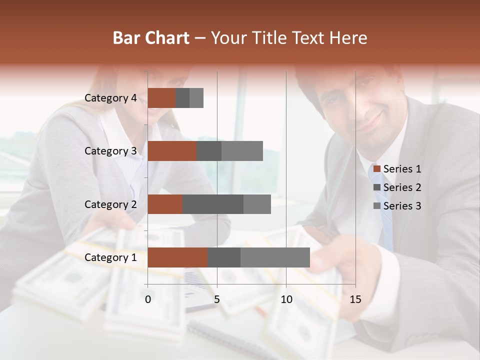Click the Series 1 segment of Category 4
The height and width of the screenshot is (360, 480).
click(x=161, y=98)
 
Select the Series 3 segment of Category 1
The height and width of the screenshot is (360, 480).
click(x=275, y=257)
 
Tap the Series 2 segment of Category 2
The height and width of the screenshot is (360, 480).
click(x=213, y=204)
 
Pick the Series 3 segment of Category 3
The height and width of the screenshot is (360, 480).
click(x=242, y=151)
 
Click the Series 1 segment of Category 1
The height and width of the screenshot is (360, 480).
click(x=177, y=257)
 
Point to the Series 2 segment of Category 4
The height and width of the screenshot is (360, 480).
click(x=182, y=98)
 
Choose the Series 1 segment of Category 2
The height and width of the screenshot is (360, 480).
click(x=165, y=204)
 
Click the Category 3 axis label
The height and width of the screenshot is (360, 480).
click(x=110, y=151)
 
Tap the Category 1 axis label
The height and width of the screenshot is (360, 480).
click(x=110, y=257)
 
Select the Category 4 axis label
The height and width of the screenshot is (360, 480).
click(x=110, y=98)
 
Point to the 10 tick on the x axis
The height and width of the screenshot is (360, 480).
click(x=286, y=299)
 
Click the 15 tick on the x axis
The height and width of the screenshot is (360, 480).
click(x=355, y=299)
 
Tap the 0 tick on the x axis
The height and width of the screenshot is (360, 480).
click(x=148, y=299)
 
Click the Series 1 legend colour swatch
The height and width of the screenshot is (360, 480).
click(x=377, y=169)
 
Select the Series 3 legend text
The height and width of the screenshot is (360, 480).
click(x=402, y=206)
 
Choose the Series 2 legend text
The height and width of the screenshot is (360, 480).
click(x=402, y=187)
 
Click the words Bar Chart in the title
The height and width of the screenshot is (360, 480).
click(x=151, y=38)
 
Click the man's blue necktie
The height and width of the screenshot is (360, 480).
click(x=385, y=215)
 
